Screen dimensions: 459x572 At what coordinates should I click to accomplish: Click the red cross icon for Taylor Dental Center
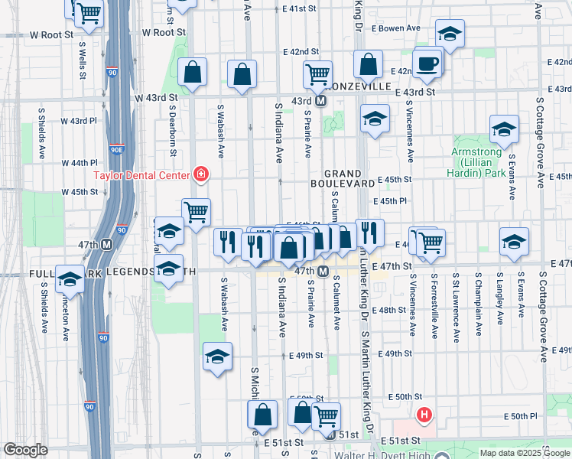[x=201, y=175]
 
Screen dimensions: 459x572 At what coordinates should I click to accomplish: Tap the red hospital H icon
[x=424, y=416]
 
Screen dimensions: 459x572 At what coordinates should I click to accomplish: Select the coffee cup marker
[x=427, y=62]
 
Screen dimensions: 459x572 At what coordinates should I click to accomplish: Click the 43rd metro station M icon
[x=321, y=101]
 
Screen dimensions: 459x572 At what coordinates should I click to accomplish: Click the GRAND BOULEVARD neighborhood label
[x=342, y=179]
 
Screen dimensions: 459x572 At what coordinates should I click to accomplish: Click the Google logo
[x=25, y=450]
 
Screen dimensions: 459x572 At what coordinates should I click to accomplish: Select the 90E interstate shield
[x=116, y=151]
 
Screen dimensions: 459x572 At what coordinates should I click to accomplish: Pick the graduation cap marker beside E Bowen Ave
[x=450, y=34]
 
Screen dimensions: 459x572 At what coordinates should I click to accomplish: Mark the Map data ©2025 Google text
[x=524, y=453]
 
